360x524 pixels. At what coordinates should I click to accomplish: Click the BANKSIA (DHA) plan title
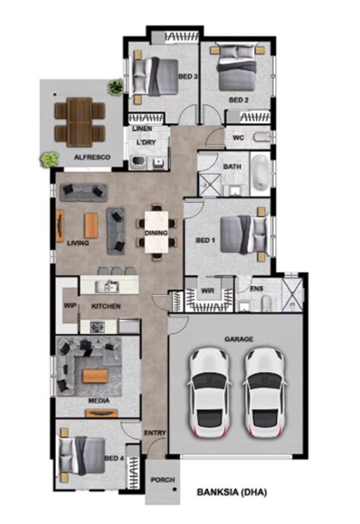point(232,492)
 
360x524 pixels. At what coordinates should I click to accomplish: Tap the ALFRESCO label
point(92,157)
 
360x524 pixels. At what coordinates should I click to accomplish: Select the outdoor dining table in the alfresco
point(80,122)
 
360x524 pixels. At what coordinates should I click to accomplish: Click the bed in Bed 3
point(156,77)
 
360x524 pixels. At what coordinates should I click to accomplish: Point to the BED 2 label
point(239,100)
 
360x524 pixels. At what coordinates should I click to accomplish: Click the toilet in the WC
point(261,137)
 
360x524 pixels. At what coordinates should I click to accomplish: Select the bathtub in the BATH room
point(261,173)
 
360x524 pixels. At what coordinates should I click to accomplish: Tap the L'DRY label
point(147,142)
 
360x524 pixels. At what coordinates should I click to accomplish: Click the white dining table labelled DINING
point(156,232)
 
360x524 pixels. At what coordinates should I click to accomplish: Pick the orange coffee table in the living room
point(91,225)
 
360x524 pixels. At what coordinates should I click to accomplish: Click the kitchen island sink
point(107,287)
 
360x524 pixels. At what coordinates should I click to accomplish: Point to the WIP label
point(71,306)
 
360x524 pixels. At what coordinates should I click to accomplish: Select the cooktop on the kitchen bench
point(98,327)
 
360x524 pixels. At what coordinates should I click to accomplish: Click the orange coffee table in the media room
point(96,376)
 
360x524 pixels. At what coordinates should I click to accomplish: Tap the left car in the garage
point(210,393)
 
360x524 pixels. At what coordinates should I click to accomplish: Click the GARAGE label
point(239,339)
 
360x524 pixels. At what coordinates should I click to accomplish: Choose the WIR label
point(207,291)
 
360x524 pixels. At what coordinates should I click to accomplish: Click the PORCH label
point(163,480)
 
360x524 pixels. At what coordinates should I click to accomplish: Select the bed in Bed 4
point(82,455)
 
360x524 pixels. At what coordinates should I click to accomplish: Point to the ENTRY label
point(155,433)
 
